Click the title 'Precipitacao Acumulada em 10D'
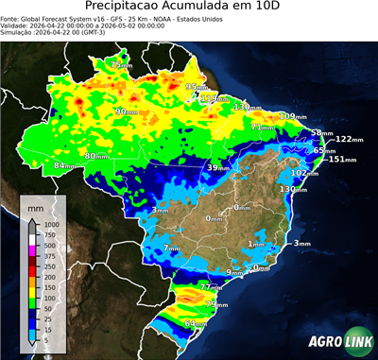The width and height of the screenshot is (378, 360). point(189,9)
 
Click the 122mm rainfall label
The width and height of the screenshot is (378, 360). point(349,139)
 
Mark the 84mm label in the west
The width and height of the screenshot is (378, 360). point(64,165)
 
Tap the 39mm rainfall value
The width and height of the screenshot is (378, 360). point(218,167)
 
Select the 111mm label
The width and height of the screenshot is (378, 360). point(215,97)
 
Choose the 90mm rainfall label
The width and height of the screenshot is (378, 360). point(124,111)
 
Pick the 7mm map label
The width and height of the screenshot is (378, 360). point(171,249)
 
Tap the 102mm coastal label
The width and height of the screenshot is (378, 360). point(304,173)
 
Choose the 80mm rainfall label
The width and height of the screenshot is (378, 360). point(96,156)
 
